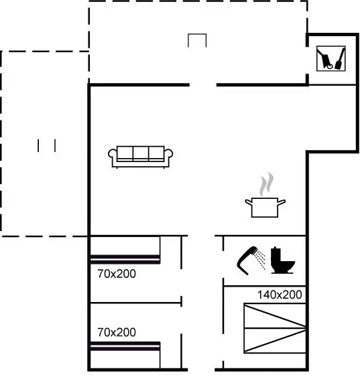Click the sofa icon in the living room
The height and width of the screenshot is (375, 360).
(141, 157)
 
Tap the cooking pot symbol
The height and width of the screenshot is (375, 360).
(265, 208)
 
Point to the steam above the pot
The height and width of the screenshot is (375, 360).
(266, 184)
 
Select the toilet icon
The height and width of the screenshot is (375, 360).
(282, 260)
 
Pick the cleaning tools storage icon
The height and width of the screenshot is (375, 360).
(331, 58)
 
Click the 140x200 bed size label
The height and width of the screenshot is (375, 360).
(280, 295)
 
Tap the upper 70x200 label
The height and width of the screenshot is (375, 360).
(117, 274)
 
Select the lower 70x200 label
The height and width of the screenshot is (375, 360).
(117, 332)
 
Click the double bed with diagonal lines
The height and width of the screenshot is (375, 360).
(275, 328)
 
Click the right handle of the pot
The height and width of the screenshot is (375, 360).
(282, 202)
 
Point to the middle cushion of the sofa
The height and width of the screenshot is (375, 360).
(141, 153)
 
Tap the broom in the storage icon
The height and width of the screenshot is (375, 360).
(340, 59)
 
